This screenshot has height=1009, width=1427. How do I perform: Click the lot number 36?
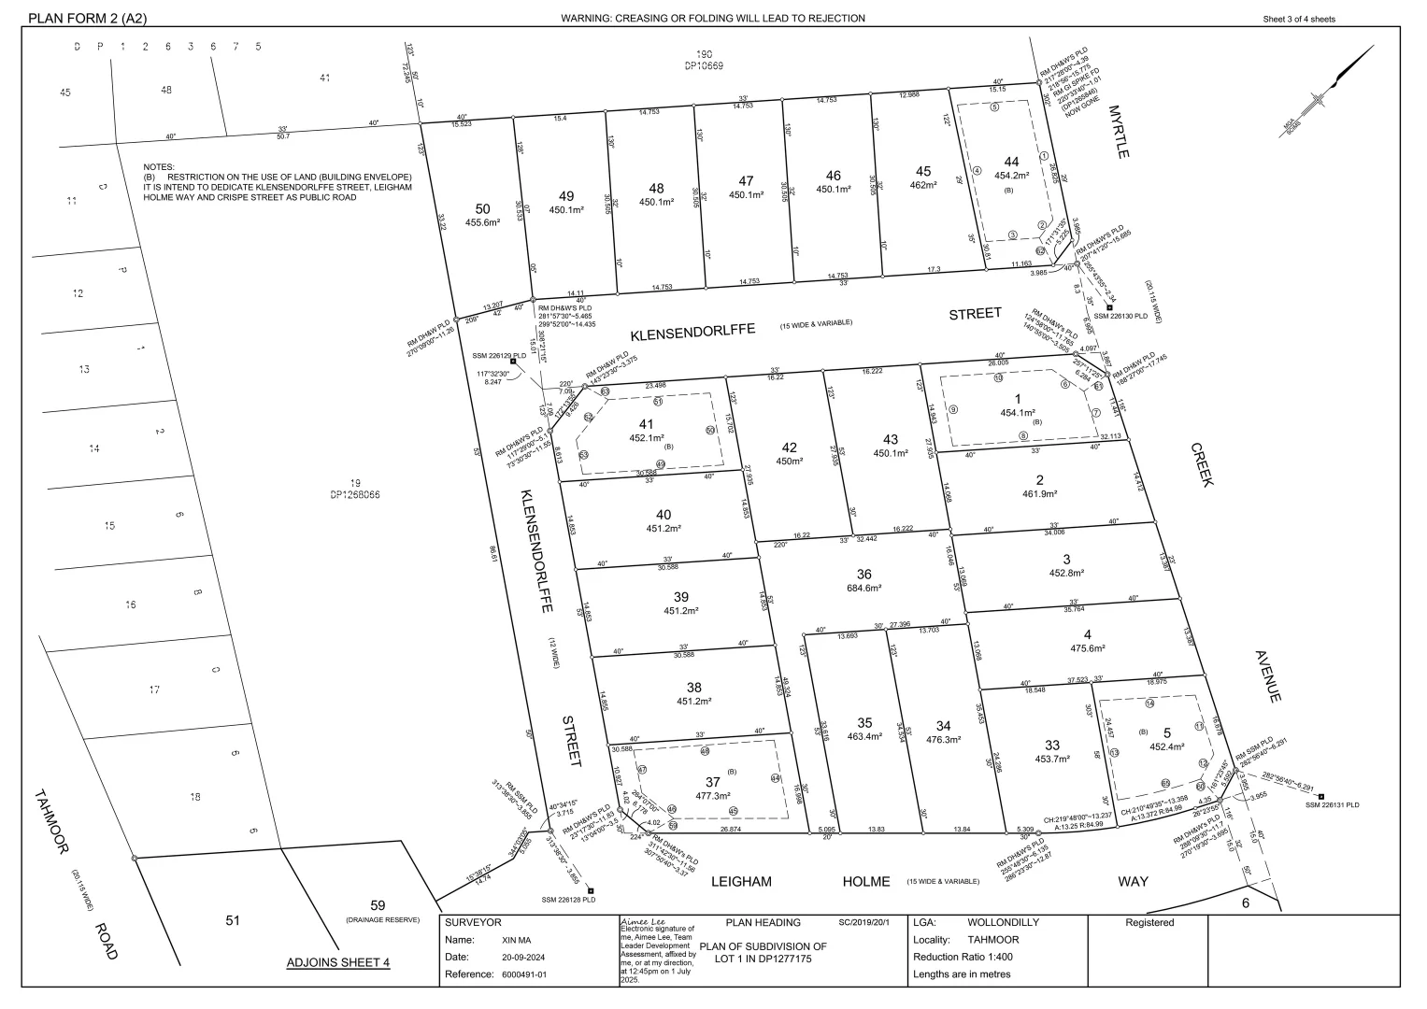click(864, 574)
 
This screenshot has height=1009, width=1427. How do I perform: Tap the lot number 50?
click(482, 208)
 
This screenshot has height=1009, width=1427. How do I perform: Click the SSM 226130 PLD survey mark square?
click(1109, 307)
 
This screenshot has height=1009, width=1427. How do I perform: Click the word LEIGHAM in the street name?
click(741, 881)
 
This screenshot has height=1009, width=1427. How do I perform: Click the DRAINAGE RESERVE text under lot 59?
click(382, 920)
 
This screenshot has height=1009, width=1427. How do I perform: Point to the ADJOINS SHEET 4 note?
click(337, 963)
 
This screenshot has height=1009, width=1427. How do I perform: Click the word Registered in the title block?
click(1149, 923)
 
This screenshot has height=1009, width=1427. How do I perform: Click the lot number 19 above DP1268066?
click(355, 483)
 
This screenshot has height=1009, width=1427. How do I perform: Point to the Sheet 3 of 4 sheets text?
click(1299, 19)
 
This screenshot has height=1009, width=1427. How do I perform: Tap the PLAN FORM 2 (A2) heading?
click(88, 18)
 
